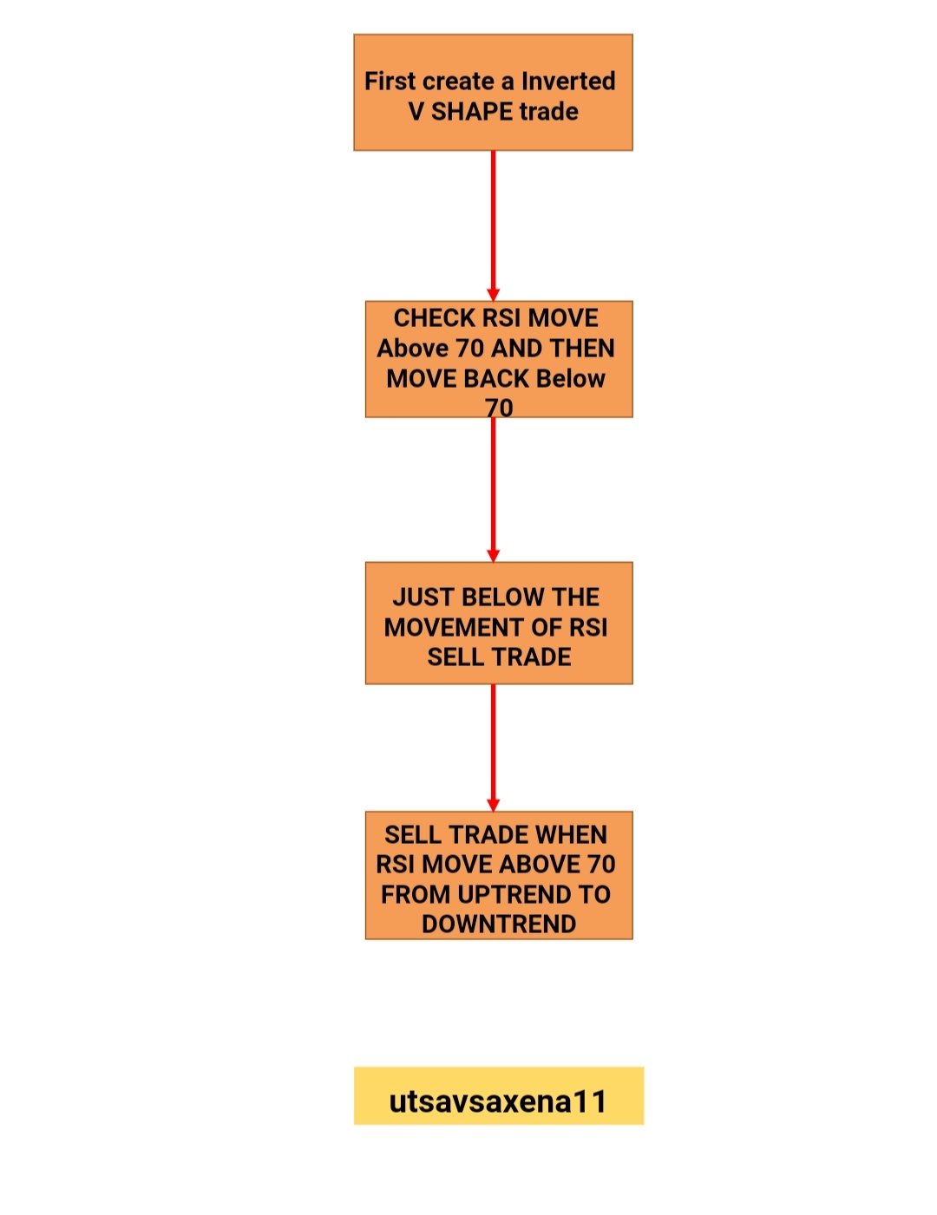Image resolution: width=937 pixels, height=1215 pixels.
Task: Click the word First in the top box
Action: click(390, 81)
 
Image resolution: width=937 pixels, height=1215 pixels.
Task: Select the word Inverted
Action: click(568, 81)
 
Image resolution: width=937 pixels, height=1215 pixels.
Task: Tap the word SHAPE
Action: click(472, 112)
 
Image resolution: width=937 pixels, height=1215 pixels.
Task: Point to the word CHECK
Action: click(434, 318)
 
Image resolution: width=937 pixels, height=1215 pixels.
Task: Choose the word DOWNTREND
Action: click(499, 924)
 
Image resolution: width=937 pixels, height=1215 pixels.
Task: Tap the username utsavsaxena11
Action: click(498, 1101)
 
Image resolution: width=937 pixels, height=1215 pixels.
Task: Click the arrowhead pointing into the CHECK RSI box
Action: click(493, 295)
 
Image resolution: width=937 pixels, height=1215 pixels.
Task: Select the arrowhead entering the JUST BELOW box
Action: click(493, 555)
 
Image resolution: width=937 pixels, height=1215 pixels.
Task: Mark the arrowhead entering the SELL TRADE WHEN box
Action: click(493, 805)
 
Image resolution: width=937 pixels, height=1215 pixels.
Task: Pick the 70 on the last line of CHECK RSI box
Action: click(499, 408)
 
